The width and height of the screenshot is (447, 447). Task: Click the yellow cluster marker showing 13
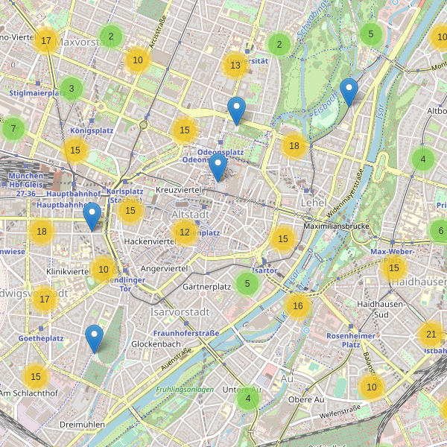235,66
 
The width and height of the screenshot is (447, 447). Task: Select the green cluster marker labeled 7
13,129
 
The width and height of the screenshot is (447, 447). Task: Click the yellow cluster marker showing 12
185,233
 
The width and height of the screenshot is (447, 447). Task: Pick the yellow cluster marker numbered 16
298,305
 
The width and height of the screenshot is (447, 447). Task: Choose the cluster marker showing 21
431,334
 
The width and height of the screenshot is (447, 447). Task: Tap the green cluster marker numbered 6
440,231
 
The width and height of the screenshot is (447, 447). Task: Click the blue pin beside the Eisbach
348,92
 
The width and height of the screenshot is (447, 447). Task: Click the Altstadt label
187,214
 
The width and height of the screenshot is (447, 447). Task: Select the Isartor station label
264,271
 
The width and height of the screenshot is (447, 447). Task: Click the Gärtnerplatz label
206,287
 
